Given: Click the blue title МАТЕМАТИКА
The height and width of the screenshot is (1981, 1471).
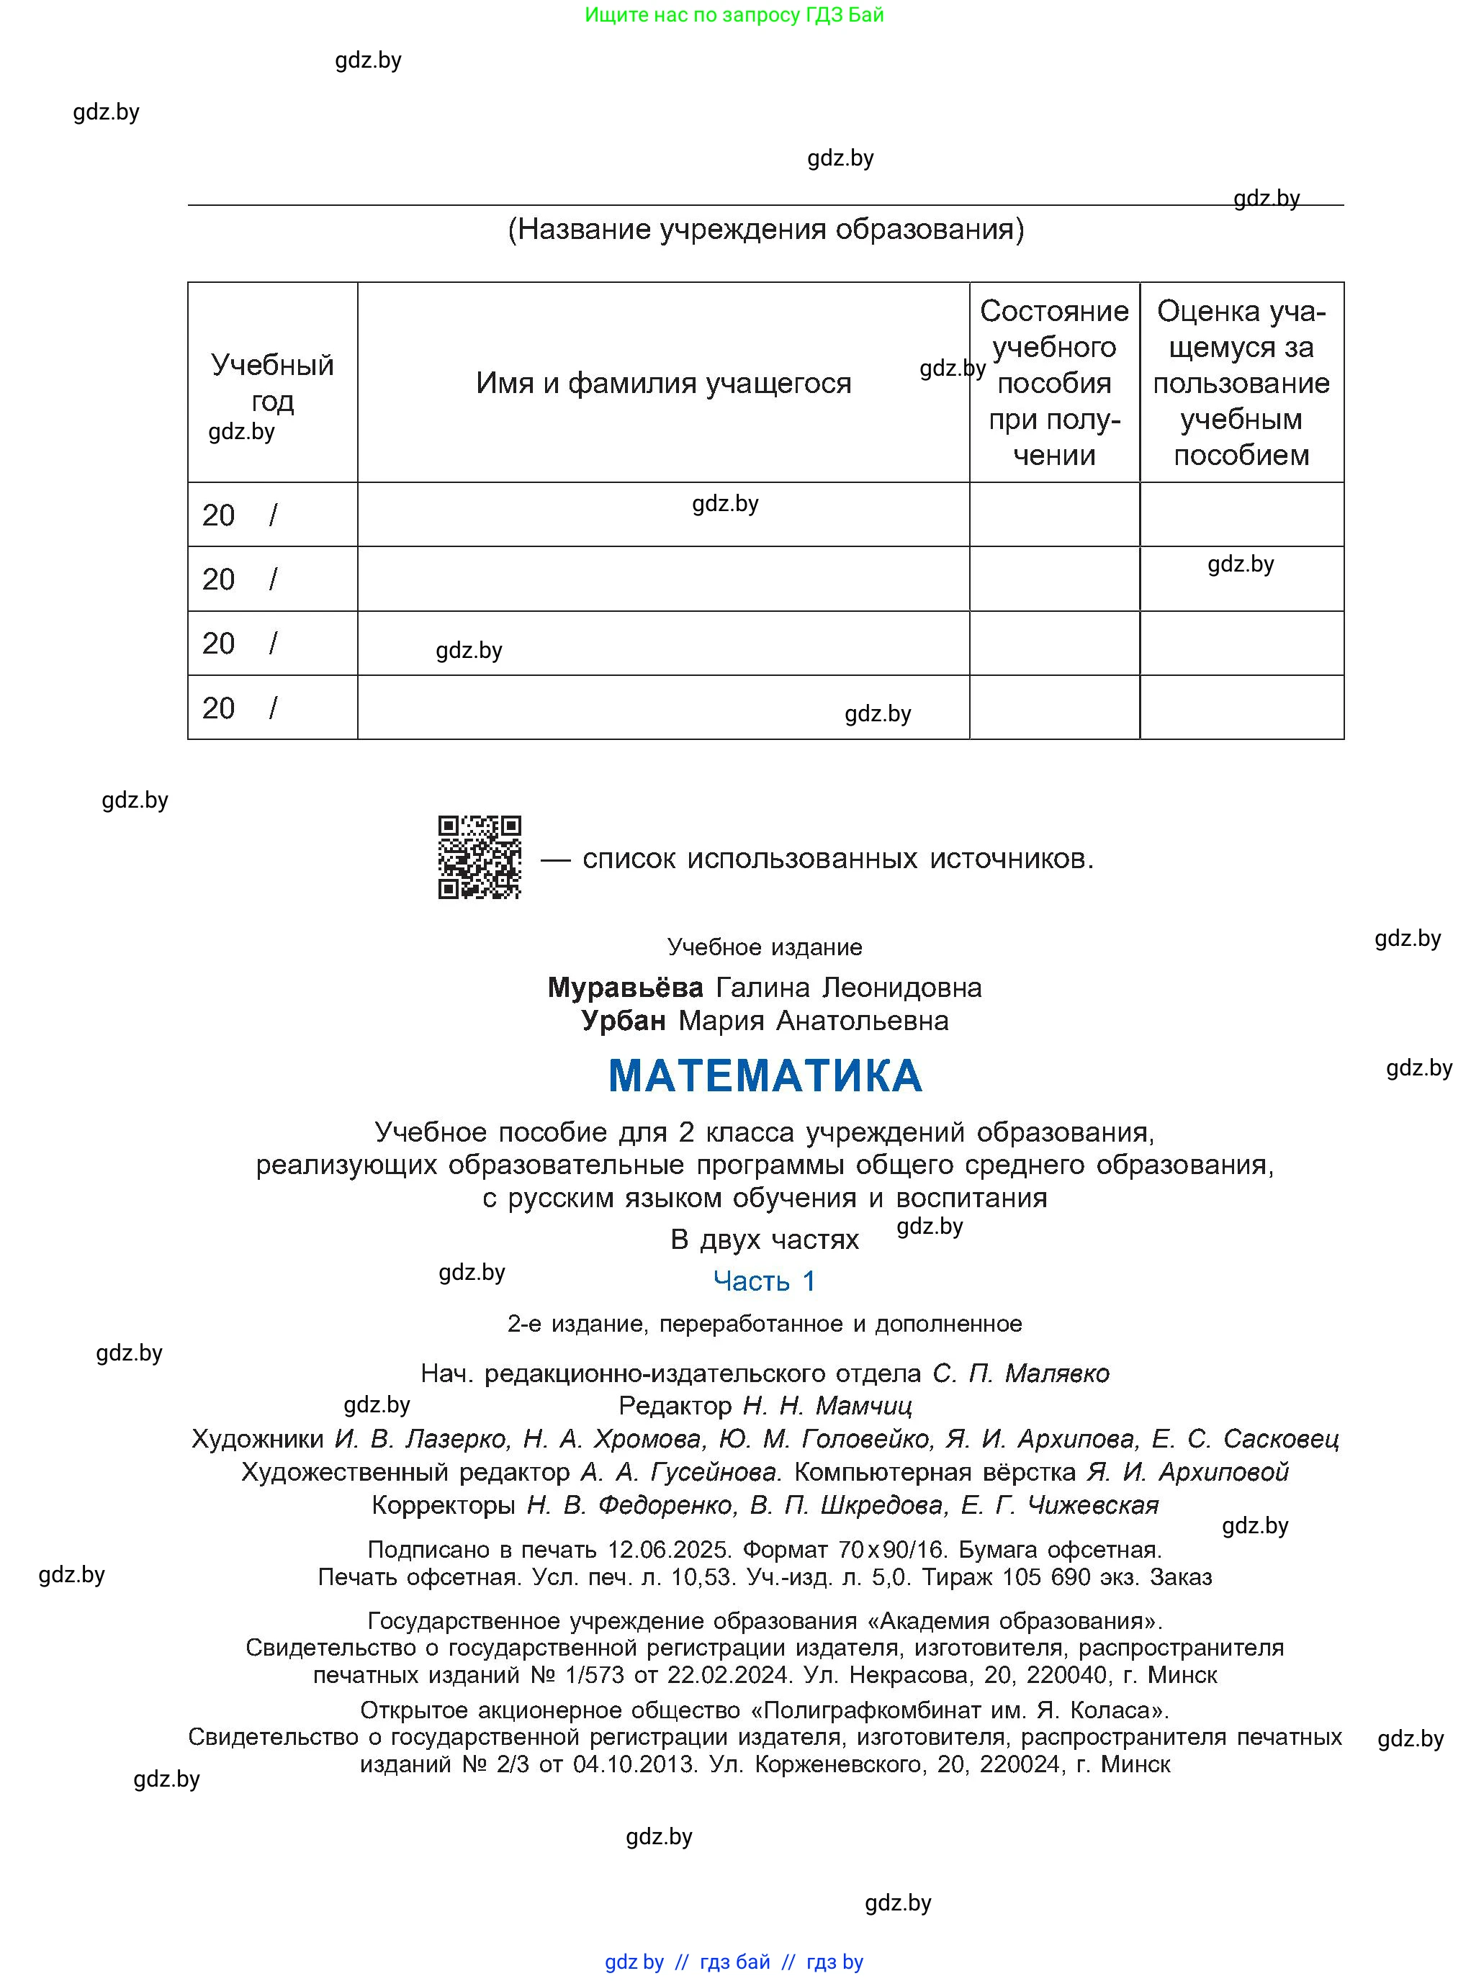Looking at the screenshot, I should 765,1075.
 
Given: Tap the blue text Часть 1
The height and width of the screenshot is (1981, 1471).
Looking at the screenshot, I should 764,1281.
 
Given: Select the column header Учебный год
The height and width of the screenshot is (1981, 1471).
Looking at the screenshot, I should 272,382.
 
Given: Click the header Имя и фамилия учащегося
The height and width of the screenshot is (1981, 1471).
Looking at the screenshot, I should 663,383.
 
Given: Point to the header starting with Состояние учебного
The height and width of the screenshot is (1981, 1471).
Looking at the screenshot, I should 1054,382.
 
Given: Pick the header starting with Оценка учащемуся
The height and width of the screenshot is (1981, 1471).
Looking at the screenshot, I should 1241,382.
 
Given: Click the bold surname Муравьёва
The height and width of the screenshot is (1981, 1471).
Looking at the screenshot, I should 625,988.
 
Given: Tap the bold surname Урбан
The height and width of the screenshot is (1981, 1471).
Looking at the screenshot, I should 624,1020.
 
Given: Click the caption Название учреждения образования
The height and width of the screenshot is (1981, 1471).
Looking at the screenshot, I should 766,230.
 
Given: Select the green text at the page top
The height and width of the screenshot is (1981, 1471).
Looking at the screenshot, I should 734,14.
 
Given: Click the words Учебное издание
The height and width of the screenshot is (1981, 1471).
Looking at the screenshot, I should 764,947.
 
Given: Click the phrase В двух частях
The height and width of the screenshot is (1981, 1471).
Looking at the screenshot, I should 764,1240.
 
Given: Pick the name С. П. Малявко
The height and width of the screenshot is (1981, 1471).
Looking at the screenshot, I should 1020,1373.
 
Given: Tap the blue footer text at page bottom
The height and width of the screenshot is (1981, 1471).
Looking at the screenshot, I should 734,1962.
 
